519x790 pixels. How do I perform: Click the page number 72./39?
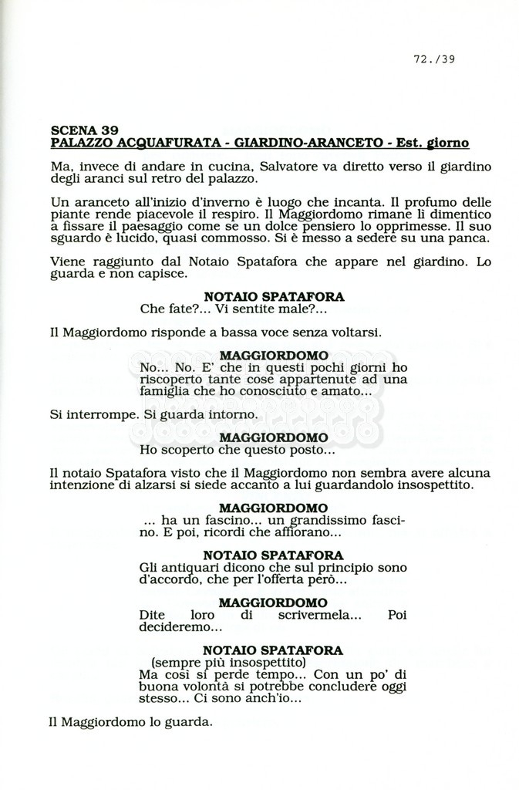point(434,58)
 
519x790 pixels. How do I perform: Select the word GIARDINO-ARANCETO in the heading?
point(298,143)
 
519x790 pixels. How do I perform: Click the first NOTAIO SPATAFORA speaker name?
point(274,297)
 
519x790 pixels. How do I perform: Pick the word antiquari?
point(185,568)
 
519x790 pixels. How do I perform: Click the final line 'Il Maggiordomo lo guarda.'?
point(130,723)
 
